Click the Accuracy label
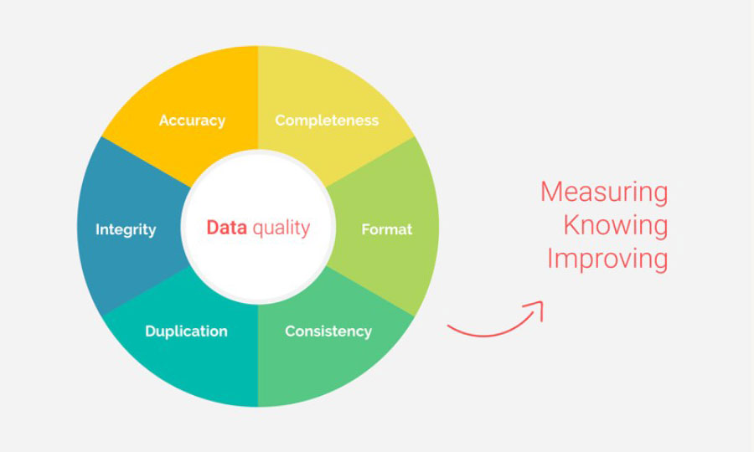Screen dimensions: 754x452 (192, 121)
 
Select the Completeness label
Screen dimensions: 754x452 (327, 120)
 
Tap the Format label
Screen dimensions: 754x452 (386, 229)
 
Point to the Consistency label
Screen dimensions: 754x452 (328, 331)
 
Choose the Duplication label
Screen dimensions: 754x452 (186, 331)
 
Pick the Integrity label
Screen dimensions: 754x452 (126, 229)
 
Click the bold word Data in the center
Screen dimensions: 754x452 (226, 227)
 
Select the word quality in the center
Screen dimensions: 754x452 (281, 229)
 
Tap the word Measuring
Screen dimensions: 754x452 (604, 193)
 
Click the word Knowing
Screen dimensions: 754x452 (616, 225)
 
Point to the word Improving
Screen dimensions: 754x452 (607, 259)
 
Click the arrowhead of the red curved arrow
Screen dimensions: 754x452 (539, 306)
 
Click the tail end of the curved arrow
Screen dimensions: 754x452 (448, 326)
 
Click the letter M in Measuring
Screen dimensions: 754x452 (552, 192)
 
